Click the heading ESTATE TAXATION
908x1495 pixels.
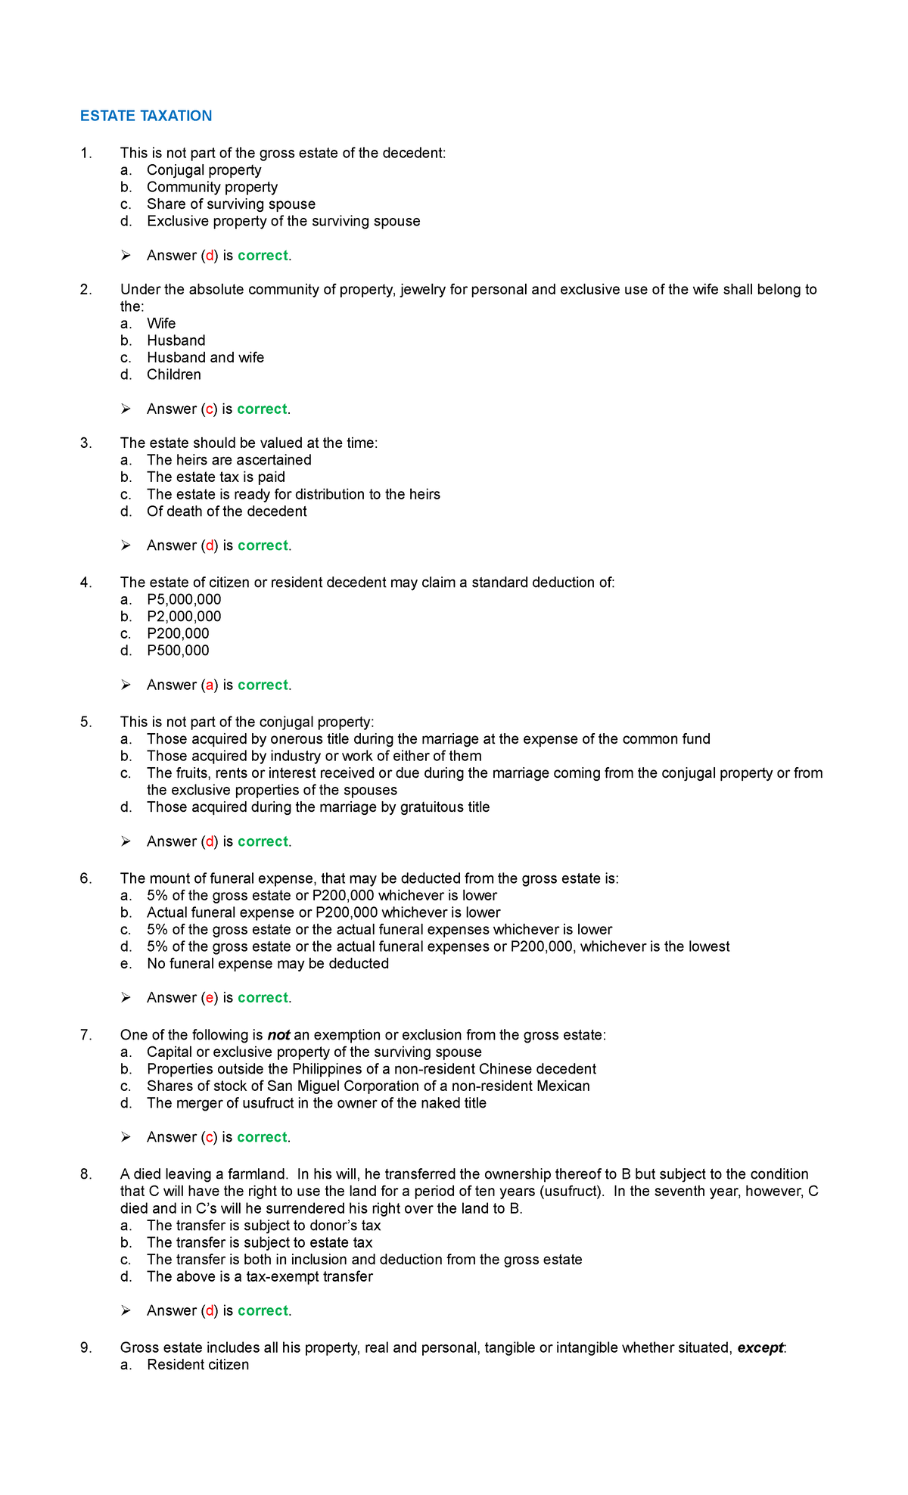(x=146, y=116)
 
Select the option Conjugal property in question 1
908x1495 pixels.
(x=204, y=170)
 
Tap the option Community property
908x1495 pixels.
(x=212, y=187)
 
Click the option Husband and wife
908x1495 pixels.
(x=205, y=357)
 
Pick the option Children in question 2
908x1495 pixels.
(x=174, y=375)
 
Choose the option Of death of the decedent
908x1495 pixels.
(x=226, y=511)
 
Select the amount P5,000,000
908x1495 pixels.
(x=184, y=599)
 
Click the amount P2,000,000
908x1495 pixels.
(x=184, y=617)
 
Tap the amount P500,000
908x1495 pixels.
(x=178, y=651)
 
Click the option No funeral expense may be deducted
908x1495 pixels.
(x=268, y=964)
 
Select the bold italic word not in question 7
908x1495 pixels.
(x=278, y=1035)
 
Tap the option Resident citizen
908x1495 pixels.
(x=197, y=1365)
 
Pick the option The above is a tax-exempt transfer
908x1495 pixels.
(x=260, y=1276)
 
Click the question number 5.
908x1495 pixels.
(x=86, y=722)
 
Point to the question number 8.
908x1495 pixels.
(x=86, y=1174)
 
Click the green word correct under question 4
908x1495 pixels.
(x=263, y=685)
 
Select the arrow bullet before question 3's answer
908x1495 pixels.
(x=126, y=545)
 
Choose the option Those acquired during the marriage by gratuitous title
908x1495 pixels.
(x=318, y=807)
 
